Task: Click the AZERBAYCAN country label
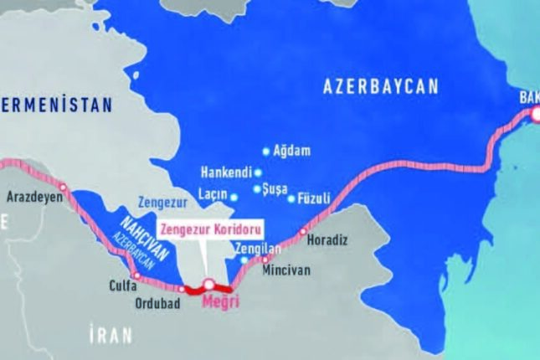coord(381,86)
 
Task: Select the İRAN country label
coord(110,336)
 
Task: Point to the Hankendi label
coord(226,173)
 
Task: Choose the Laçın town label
coord(213,198)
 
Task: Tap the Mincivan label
coord(285,272)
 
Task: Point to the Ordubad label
coord(157,302)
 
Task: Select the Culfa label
coord(123,285)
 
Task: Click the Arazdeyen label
coord(34,198)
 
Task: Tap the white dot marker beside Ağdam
coord(266,152)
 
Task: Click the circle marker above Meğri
coord(209,284)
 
